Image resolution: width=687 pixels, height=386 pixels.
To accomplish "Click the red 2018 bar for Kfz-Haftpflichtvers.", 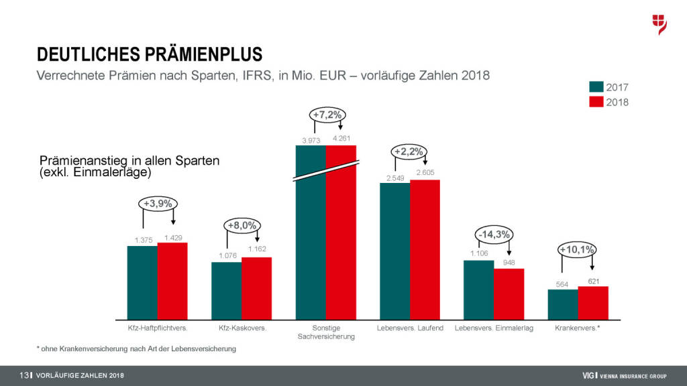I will pyautogui.click(x=172, y=281).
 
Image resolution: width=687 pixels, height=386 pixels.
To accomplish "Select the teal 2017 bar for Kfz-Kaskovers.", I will pyautogui.click(x=226, y=290).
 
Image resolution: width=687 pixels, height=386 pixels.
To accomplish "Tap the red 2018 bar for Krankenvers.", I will pyautogui.click(x=593, y=303).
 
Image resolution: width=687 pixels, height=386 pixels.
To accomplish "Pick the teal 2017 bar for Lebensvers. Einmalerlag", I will pyautogui.click(x=478, y=289).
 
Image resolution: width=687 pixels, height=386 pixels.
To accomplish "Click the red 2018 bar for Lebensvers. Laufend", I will pyautogui.click(x=425, y=249).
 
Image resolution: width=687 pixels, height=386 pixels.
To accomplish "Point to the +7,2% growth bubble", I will pyautogui.click(x=327, y=115).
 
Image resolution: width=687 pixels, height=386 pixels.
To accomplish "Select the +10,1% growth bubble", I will pyautogui.click(x=577, y=250).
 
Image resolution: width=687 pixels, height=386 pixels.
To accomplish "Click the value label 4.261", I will pyautogui.click(x=341, y=139).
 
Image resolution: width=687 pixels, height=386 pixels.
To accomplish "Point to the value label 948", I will pyautogui.click(x=508, y=263).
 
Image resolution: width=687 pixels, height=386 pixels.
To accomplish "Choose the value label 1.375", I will pyautogui.click(x=143, y=240).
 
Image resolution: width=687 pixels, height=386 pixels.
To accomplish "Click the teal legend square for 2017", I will pyautogui.click(x=596, y=87).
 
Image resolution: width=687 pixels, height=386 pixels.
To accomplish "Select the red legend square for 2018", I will pyautogui.click(x=596, y=102).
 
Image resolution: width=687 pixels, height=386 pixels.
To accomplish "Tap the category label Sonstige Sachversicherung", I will pyautogui.click(x=327, y=332).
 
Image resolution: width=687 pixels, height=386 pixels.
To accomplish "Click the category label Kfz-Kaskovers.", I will pyautogui.click(x=243, y=328).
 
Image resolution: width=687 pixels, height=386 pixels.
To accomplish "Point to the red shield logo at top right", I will pyautogui.click(x=659, y=24).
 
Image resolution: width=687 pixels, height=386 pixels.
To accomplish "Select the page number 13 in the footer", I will pyautogui.click(x=25, y=375).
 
